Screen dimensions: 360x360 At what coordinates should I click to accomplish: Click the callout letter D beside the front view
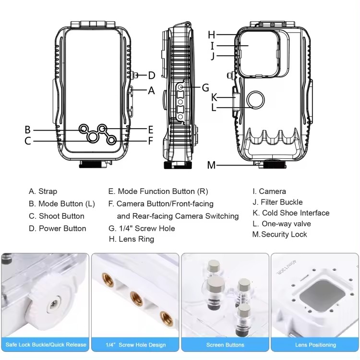[151, 75]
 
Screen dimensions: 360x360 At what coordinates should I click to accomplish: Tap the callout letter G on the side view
[205, 87]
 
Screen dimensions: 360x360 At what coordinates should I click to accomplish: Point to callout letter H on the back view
[212, 35]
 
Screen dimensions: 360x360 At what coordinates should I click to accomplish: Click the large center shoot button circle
[93, 137]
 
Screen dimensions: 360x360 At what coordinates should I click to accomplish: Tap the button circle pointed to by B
[84, 129]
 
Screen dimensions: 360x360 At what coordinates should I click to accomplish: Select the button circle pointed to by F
[112, 140]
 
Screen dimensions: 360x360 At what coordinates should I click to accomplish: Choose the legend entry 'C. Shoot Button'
[56, 216]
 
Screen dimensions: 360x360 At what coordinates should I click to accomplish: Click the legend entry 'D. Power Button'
[57, 228]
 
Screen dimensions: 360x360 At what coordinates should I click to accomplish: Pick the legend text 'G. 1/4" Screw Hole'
[142, 228]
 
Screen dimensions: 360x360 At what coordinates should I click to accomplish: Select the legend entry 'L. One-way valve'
[282, 224]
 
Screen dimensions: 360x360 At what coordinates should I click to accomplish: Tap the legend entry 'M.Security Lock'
[279, 234]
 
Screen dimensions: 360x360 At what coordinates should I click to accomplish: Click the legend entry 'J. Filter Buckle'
[278, 202]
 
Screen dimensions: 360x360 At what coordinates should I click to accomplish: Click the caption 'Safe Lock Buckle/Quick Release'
[45, 345]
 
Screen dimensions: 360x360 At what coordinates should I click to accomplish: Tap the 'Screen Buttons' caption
[225, 345]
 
